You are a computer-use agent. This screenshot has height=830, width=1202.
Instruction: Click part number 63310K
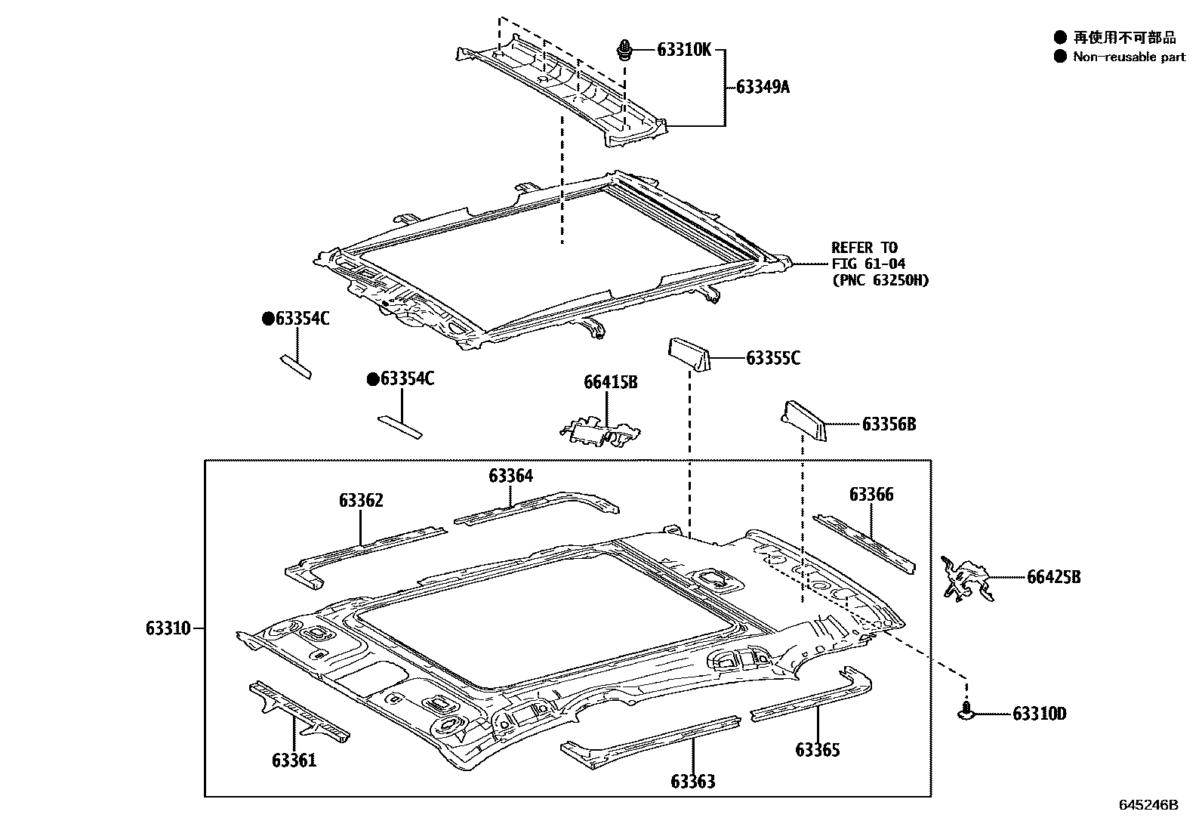click(684, 51)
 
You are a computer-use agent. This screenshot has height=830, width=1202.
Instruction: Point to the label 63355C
click(772, 359)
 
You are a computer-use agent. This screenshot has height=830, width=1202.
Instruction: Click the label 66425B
click(1053, 578)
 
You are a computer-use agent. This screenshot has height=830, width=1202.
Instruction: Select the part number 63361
click(294, 761)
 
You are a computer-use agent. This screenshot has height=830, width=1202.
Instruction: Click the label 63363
click(692, 782)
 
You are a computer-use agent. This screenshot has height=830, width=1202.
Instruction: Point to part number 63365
click(817, 750)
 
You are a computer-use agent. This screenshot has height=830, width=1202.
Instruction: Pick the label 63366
click(871, 495)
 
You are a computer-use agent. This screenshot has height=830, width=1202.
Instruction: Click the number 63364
click(510, 476)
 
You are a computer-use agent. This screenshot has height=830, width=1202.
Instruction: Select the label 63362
click(361, 501)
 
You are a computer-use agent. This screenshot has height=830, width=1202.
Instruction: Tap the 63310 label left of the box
click(168, 628)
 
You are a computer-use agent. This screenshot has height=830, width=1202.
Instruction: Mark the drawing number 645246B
click(1148, 805)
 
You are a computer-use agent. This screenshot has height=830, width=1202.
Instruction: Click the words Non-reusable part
click(1130, 57)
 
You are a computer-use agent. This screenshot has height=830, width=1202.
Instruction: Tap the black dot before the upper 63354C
click(267, 319)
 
